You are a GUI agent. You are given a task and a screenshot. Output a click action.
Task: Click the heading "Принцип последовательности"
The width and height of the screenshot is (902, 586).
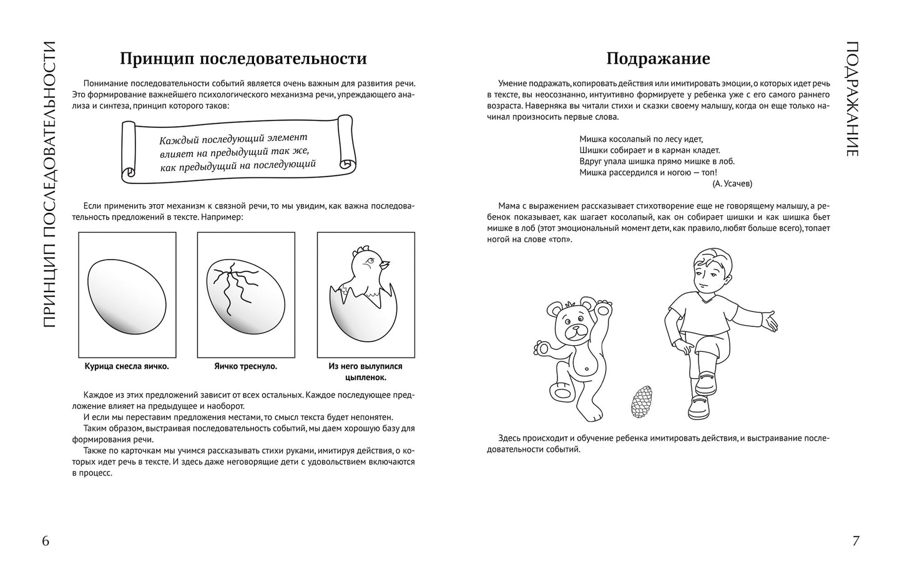point(243,59)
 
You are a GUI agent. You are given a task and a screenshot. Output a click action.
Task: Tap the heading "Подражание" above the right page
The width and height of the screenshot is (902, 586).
point(658,59)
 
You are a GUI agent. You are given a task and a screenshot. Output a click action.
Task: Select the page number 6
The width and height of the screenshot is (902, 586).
point(46,541)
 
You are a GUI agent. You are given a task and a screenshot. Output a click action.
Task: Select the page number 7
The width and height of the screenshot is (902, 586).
point(856,541)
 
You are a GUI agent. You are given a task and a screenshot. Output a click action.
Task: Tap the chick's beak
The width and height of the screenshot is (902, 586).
point(387,263)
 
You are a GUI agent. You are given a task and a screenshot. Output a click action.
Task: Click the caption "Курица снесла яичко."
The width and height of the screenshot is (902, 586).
point(127,366)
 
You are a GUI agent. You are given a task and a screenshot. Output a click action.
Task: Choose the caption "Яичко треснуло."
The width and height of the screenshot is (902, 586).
point(245,366)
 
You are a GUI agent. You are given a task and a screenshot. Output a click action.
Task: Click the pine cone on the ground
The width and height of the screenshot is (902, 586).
point(641,402)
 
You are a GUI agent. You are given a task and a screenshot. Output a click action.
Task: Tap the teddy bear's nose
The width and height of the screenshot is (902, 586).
point(575,328)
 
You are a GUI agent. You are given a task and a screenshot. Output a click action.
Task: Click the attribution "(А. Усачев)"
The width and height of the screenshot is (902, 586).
point(732,183)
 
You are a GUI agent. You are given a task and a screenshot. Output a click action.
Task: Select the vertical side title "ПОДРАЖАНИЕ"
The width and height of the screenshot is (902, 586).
point(853,99)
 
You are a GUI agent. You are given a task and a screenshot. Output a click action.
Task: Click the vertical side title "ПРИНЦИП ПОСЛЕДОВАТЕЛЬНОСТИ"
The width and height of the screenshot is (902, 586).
point(49,184)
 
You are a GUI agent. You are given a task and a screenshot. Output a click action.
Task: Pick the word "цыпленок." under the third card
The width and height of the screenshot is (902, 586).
point(365,378)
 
